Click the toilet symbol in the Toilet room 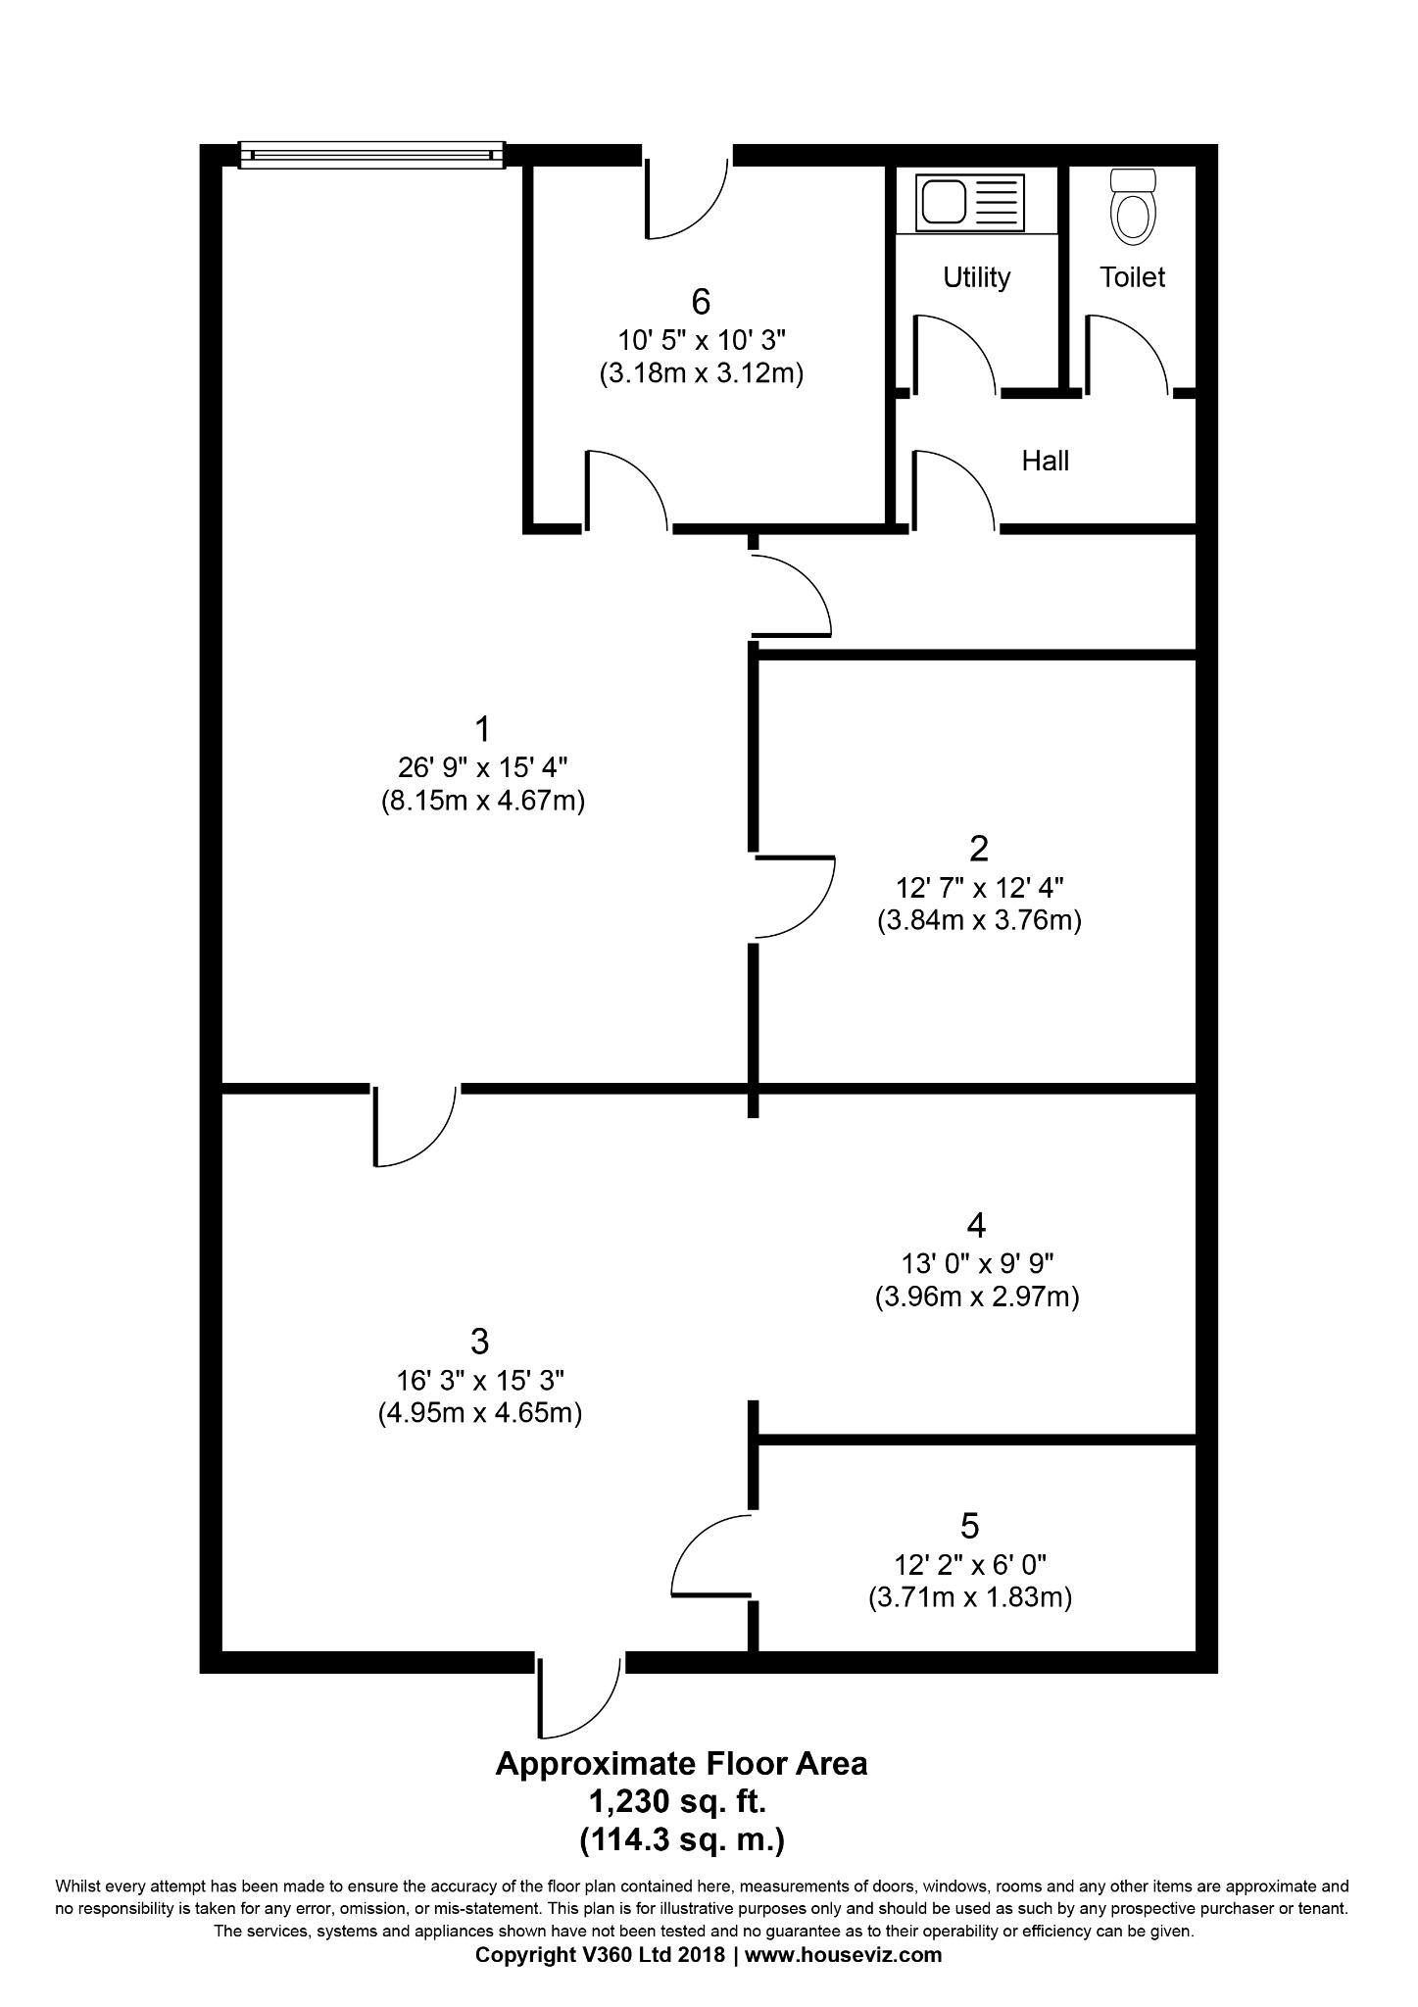1134,207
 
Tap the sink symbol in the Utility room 968,203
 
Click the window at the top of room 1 371,155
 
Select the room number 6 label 700,302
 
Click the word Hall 1045,461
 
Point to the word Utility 976,277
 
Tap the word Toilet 1132,277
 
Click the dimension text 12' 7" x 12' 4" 979,888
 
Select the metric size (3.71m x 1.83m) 969,1597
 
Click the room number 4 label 975,1225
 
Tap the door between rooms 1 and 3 414,1125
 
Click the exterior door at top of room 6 686,196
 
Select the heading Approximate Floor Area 681,1764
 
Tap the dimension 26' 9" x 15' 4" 482,765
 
